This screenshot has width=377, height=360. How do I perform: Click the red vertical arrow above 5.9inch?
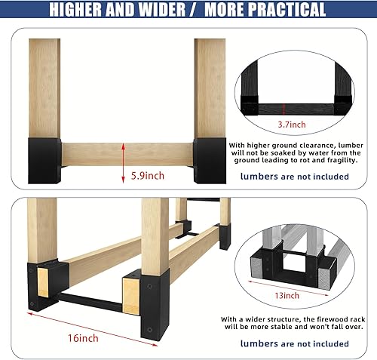(124, 165)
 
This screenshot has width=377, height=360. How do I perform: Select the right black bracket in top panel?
(209, 158)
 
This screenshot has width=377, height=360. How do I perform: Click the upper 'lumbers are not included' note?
(294, 177)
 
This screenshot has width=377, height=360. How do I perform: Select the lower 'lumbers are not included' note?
(294, 343)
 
